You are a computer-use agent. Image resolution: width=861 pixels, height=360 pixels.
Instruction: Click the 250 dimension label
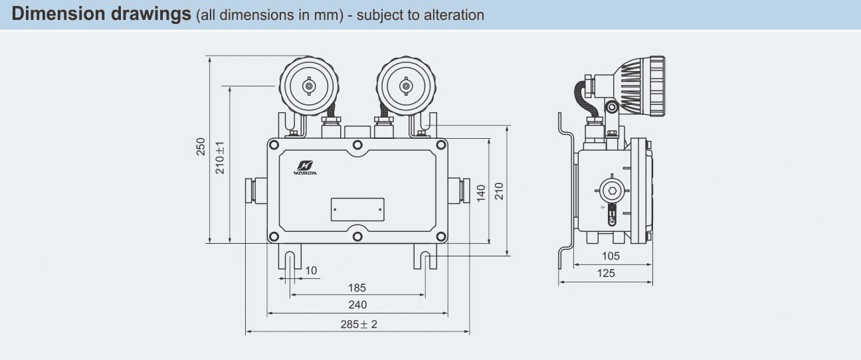point(201,146)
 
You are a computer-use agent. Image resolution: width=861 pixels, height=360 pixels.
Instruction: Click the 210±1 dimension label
point(219,157)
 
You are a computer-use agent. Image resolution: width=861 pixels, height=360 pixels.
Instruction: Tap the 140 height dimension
point(481,193)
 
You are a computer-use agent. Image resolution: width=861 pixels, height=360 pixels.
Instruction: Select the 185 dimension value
point(357,288)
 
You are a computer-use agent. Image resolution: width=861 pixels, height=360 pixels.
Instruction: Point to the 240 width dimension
point(357,305)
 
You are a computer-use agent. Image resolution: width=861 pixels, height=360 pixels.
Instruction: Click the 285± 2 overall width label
point(359,324)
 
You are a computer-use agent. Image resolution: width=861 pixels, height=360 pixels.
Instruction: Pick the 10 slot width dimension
point(311,270)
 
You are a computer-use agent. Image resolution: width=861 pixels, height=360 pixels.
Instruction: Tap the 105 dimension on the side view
point(611,256)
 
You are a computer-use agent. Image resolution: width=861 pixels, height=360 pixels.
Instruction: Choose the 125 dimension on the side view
point(606,273)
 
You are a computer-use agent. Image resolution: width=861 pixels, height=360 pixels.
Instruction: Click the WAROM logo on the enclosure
point(305,168)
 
